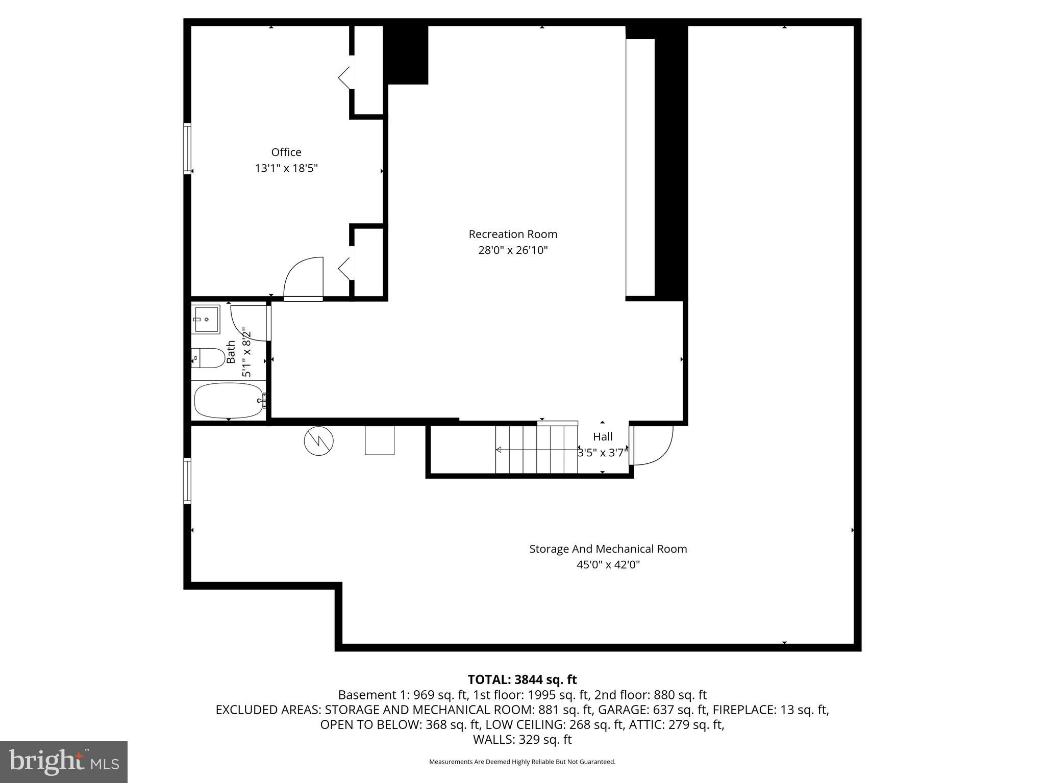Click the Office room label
point(286,152)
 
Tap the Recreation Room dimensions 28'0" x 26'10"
point(513,250)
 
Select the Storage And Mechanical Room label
point(608,549)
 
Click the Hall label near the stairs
point(603,437)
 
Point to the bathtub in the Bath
point(228,401)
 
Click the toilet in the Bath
point(210,358)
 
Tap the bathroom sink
point(206,319)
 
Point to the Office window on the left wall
point(187,148)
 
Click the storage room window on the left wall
point(187,481)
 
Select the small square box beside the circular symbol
point(379,440)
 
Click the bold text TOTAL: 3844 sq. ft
point(522,680)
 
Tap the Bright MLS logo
point(64,761)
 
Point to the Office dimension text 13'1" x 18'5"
point(286,168)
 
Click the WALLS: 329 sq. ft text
point(522,739)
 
